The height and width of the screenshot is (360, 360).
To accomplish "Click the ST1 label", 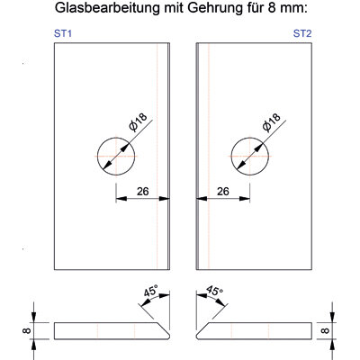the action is click(x=63, y=33).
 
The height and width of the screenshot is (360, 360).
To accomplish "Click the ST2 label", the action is click(x=302, y=33).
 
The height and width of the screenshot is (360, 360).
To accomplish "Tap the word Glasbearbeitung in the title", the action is click(x=108, y=8).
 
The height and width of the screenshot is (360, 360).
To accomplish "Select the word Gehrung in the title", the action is click(x=215, y=8).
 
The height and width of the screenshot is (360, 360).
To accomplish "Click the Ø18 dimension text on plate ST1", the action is click(x=138, y=121).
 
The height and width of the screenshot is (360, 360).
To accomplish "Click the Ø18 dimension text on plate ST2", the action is click(x=271, y=121).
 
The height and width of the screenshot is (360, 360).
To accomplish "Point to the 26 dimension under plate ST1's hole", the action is click(x=142, y=191).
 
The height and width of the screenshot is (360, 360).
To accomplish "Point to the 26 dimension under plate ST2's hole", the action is click(x=223, y=191).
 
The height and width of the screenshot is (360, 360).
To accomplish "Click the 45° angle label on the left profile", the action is click(x=150, y=291).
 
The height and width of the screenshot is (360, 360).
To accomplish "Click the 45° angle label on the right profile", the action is click(x=215, y=291).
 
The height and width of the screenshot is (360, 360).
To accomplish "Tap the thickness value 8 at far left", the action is click(x=27, y=331).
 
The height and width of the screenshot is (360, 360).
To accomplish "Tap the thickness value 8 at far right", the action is click(x=325, y=331).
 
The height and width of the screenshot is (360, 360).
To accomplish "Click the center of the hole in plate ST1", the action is click(x=116, y=157).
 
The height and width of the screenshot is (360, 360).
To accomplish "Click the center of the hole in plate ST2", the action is click(x=250, y=157).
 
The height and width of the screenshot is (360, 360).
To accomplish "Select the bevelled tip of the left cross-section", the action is click(x=169, y=336).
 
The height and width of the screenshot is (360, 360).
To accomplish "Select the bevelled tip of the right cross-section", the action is click(x=197, y=336).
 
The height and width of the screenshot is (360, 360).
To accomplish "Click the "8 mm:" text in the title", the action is click(x=286, y=8).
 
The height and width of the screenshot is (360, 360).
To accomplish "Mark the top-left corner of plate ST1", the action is click(x=54, y=43).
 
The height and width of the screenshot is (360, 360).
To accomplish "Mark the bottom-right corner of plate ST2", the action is click(x=312, y=270).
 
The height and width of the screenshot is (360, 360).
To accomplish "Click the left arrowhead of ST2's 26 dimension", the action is click(x=202, y=198).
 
